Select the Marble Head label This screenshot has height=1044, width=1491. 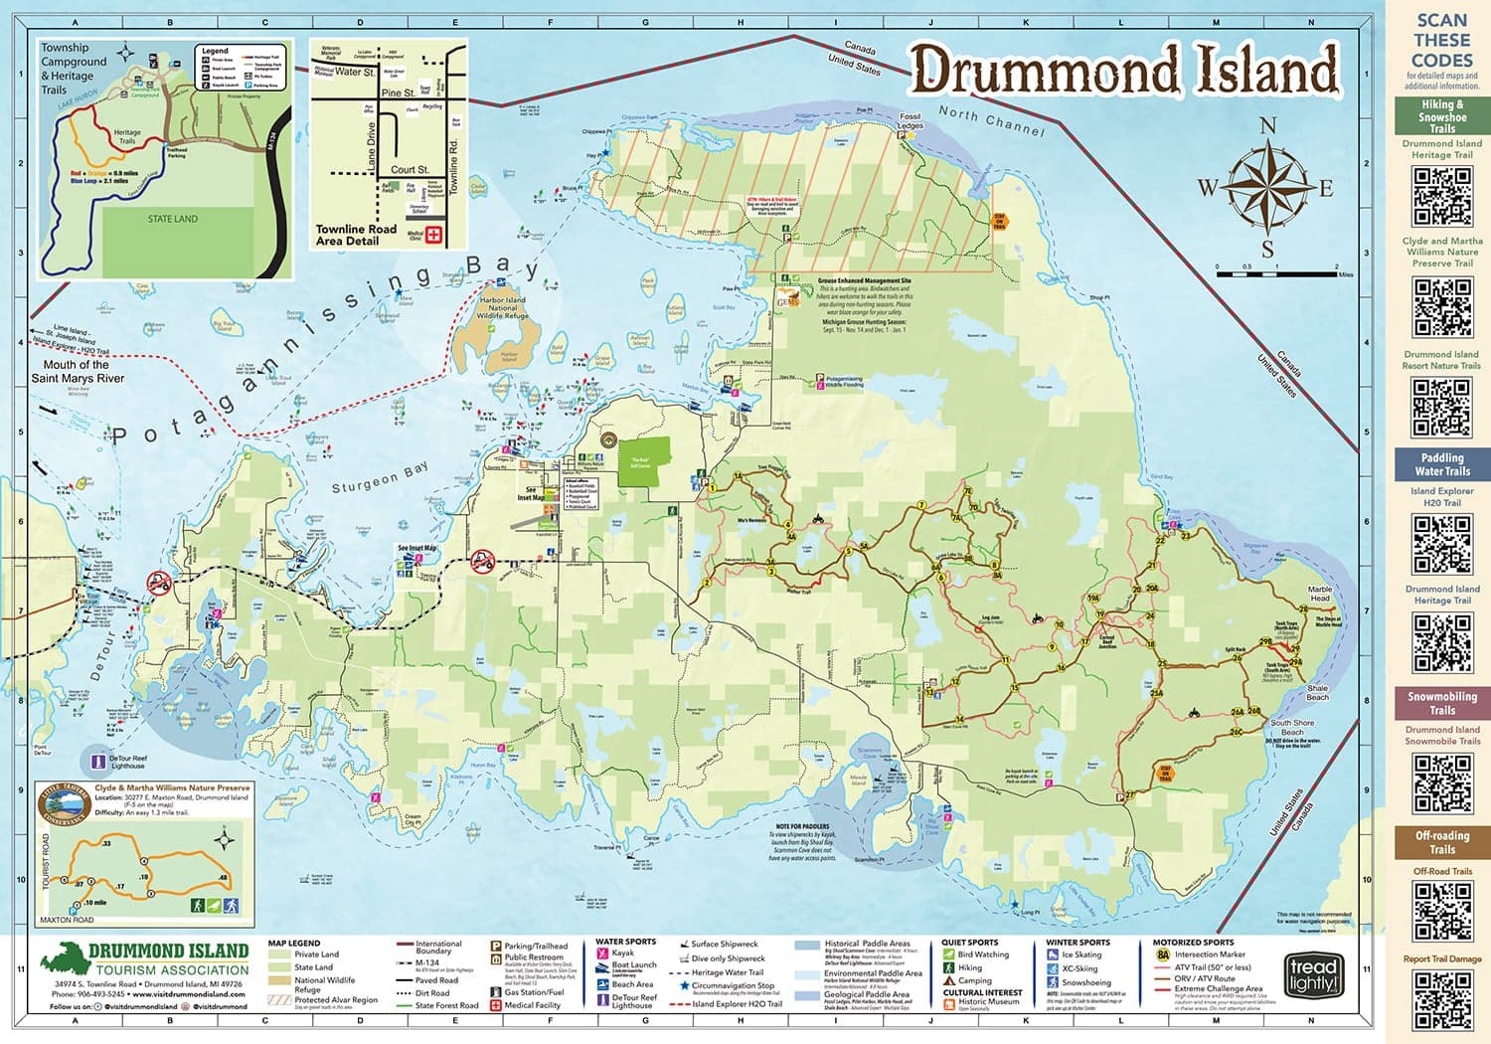coord(1319,594)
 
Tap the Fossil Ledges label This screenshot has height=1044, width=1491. coord(910,121)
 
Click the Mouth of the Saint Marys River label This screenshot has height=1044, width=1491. coord(78,371)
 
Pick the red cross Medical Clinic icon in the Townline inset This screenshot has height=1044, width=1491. coord(433,236)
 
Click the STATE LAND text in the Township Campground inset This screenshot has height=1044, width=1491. coord(173,219)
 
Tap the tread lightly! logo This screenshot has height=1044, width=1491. coord(1313,975)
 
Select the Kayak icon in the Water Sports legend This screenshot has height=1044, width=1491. coord(602,953)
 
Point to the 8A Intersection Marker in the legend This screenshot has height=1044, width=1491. coord(1162,955)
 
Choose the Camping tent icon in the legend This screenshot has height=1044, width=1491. coord(949,980)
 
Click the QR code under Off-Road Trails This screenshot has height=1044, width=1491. coord(1442,911)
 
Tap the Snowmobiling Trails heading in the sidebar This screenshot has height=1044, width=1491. coord(1441,702)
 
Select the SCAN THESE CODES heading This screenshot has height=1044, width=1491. coord(1441,40)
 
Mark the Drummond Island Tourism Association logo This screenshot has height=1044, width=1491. coord(145,958)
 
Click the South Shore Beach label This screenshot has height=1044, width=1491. coord(1292,727)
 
